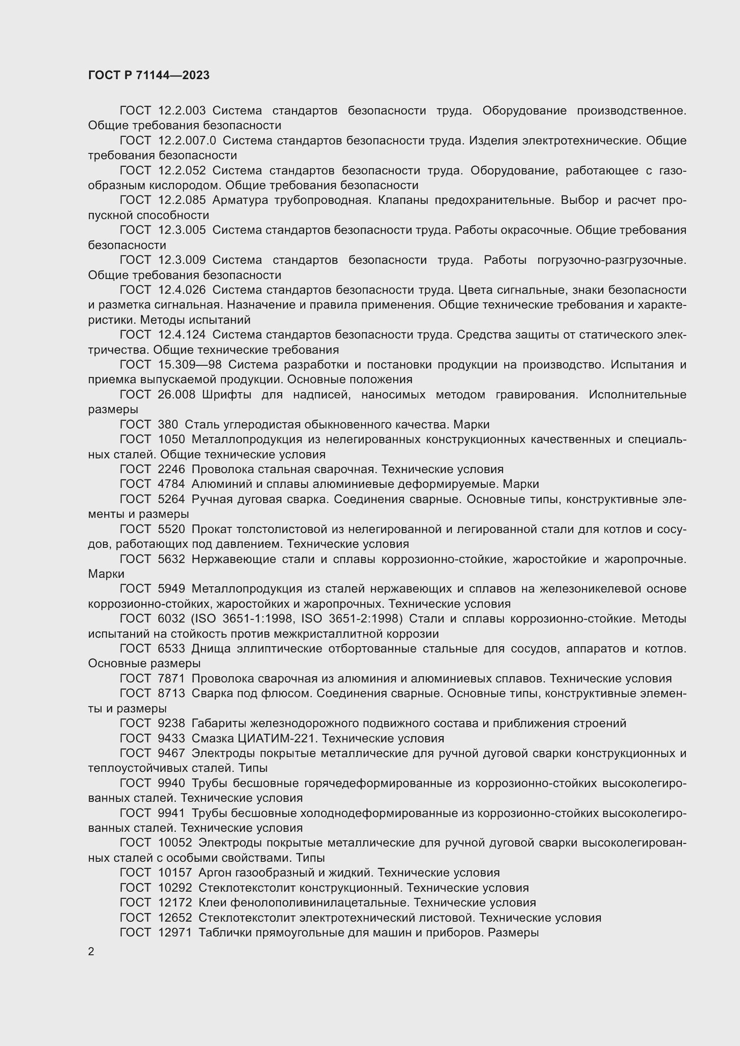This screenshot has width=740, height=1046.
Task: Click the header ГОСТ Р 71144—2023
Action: point(149,75)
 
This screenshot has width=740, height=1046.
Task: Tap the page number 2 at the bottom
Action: point(91,952)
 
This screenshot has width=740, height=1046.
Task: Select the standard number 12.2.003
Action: point(182,111)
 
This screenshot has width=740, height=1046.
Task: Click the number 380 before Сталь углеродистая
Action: point(168,424)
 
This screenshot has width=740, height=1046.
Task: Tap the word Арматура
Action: point(240,200)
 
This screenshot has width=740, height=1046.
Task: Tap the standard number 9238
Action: point(171,724)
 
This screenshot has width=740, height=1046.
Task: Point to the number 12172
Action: point(174,902)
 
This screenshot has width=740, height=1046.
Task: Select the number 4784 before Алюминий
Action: point(171,484)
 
